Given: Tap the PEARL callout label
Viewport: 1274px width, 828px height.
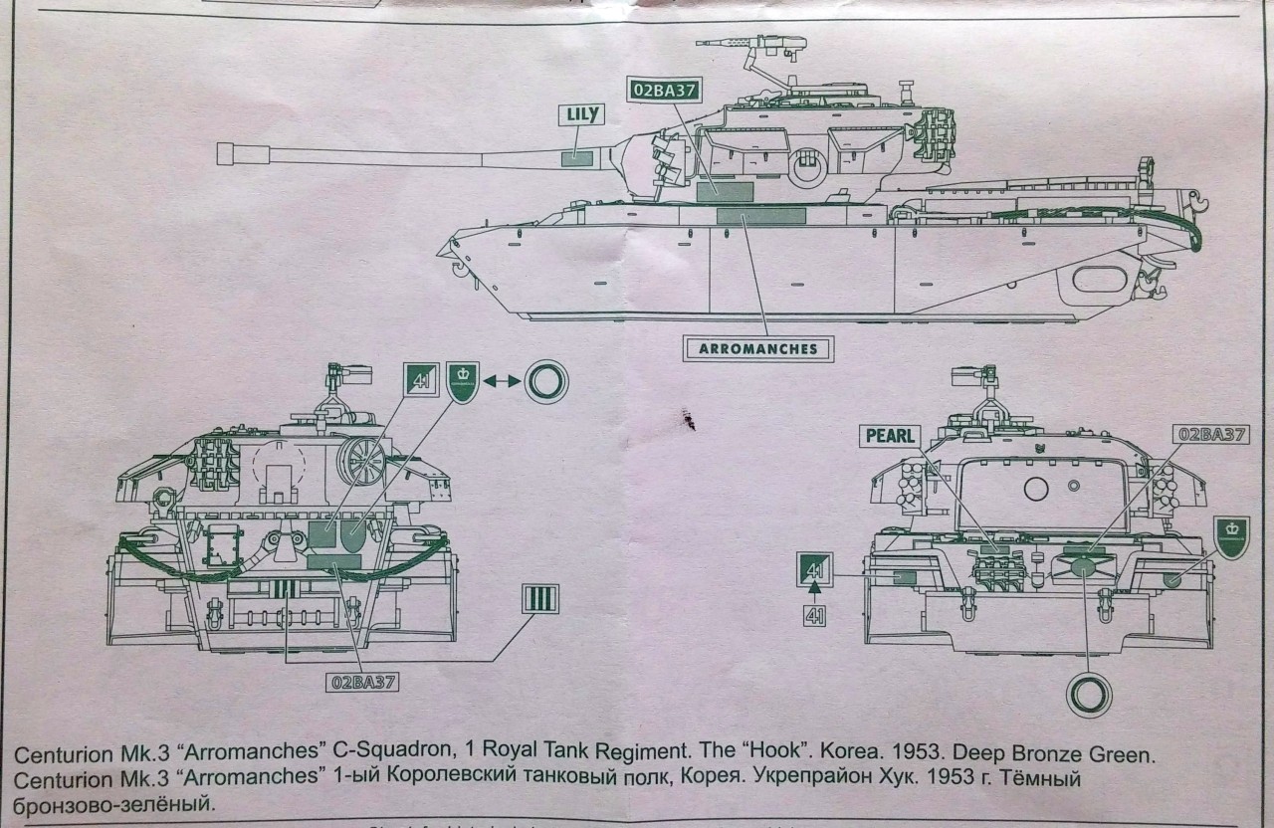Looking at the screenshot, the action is coord(889,435).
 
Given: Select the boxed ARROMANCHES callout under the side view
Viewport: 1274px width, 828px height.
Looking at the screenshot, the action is coord(758,349).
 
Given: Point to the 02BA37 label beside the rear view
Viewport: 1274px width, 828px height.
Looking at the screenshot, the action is coord(1212,434).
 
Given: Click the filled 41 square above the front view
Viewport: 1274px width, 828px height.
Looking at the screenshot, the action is coord(422,378).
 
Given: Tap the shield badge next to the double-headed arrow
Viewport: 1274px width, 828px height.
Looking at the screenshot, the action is coord(464,379).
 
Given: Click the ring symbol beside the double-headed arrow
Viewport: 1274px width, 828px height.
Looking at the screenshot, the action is coord(546,380).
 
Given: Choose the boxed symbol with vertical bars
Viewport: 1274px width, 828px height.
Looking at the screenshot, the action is coord(540,599).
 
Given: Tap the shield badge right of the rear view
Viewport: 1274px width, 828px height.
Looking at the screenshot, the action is coord(1231,537).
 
